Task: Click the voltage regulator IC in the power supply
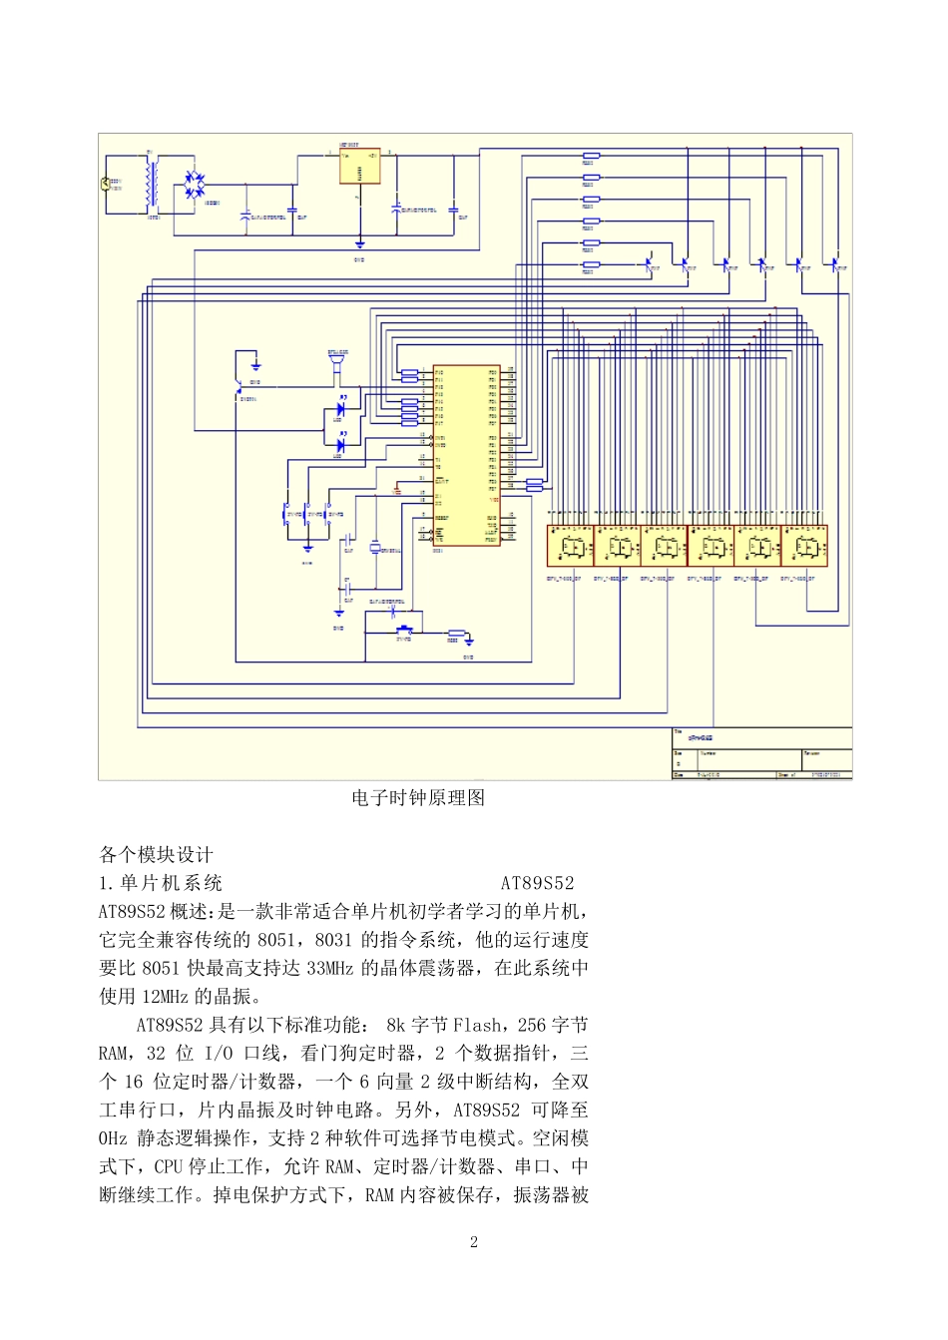pyautogui.click(x=359, y=167)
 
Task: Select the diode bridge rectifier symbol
pyautogui.click(x=194, y=185)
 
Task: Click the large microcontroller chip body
pyautogui.click(x=466, y=454)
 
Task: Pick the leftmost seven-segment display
pyautogui.click(x=570, y=547)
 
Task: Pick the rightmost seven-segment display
pyautogui.click(x=804, y=547)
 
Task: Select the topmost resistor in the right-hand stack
pyautogui.click(x=591, y=156)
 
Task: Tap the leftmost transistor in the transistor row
pyautogui.click(x=650, y=264)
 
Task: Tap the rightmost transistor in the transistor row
pyautogui.click(x=837, y=264)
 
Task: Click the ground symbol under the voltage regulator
pyautogui.click(x=359, y=242)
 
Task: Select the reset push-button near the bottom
pyautogui.click(x=405, y=631)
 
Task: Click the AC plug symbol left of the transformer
pyautogui.click(x=106, y=184)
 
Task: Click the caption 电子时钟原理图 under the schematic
pyautogui.click(x=418, y=798)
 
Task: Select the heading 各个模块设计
pyautogui.click(x=156, y=855)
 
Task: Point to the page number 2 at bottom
pyautogui.click(x=474, y=1242)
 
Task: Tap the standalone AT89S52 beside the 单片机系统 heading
pyautogui.click(x=537, y=883)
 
